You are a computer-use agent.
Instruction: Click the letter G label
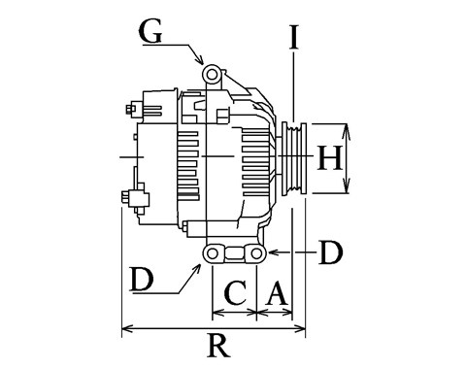[x=150, y=32]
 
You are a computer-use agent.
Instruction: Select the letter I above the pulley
[x=293, y=37]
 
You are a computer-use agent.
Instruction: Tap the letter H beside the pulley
[x=329, y=158]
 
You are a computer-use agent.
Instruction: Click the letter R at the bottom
[x=219, y=346]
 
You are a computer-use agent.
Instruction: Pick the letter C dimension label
[x=235, y=293]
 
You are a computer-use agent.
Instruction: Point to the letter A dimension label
[x=277, y=293]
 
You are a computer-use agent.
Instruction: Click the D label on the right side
[x=330, y=252]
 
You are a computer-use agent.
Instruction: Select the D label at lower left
[x=141, y=280]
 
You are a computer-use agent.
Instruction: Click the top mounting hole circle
[x=212, y=75]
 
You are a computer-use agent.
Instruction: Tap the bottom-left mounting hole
[x=212, y=253]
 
